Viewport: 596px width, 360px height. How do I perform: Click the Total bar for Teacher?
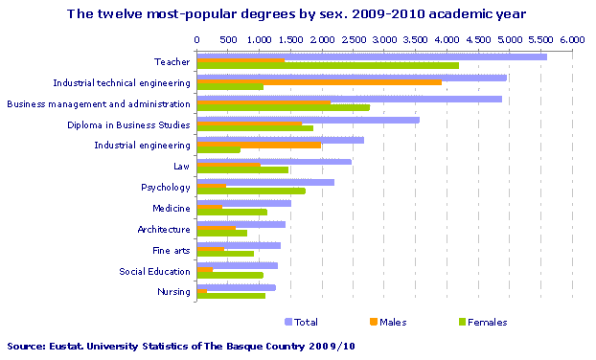point(372,56)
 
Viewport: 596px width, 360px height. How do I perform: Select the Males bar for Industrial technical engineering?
point(319,82)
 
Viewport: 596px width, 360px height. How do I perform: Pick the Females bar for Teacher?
point(328,66)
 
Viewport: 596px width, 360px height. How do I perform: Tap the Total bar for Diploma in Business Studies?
point(308,120)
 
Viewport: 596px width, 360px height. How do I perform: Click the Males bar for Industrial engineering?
point(259,146)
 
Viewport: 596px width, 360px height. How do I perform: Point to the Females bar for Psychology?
point(251,191)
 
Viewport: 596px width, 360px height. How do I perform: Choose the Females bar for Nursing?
point(231,296)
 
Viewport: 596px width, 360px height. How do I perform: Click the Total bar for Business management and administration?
point(349,99)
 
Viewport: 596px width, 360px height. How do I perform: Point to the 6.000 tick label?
point(572,40)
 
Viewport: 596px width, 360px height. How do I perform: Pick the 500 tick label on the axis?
point(228,40)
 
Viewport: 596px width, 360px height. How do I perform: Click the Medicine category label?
point(171,208)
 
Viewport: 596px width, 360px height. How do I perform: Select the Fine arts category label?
point(171,250)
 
